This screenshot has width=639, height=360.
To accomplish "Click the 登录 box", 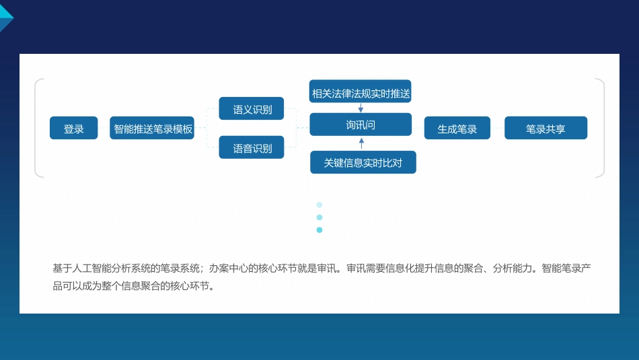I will (74, 128).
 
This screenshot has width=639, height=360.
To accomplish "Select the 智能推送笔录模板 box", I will (152, 128).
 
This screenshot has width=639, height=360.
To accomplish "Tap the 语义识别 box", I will (252, 108).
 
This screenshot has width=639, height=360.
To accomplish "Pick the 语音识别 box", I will (252, 147).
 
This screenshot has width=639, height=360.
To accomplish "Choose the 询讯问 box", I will (361, 124).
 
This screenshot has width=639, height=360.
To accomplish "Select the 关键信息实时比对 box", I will (363, 162).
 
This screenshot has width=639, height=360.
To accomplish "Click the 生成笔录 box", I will (457, 128).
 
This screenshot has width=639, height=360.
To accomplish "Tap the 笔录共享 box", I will (546, 128).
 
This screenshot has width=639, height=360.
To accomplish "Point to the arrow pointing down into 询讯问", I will (361, 108).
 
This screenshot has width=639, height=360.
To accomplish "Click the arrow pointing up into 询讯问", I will (361, 143).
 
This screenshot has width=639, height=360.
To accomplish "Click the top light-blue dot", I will (319, 205).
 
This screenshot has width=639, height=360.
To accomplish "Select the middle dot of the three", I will (319, 217).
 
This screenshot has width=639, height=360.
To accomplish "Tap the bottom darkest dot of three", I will (319, 230).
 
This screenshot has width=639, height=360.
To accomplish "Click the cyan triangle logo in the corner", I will (6, 15).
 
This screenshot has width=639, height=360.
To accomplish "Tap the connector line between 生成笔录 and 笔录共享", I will (498, 128).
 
